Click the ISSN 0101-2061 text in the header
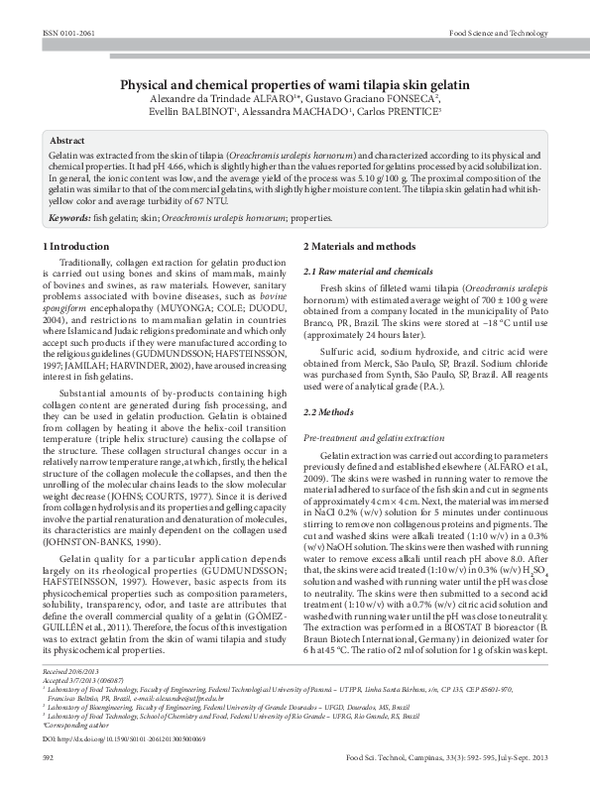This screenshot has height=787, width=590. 66,33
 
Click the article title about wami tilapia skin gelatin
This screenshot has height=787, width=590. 295,86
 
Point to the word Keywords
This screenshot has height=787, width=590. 70,216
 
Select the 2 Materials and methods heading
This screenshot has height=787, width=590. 359,245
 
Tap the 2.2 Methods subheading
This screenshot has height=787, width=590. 328,410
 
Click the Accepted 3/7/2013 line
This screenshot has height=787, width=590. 85,680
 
